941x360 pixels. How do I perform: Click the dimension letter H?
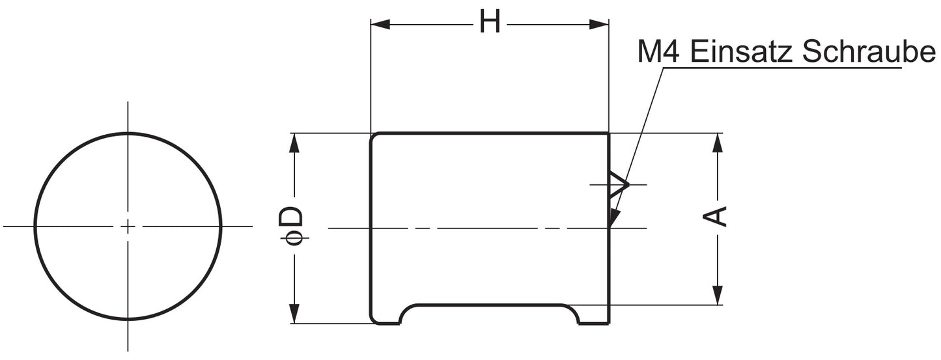click(490, 23)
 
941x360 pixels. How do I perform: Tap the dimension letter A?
click(717, 216)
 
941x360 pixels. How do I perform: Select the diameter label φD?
click(292, 226)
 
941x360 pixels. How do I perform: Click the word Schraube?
click(868, 51)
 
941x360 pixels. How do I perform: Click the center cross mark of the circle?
click(128, 227)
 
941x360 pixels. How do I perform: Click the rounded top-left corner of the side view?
click(374, 136)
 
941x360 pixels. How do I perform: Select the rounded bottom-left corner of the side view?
click(374, 320)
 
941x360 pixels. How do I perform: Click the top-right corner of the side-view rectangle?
click(608, 133)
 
